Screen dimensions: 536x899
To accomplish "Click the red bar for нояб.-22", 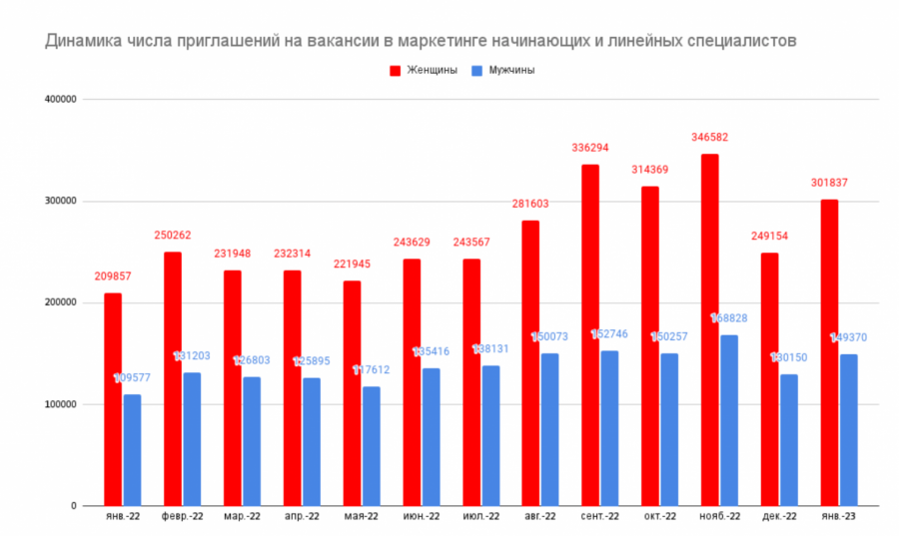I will [709, 329].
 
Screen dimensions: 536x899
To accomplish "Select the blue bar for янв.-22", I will [132, 450].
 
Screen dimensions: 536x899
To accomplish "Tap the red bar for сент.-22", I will [590, 334].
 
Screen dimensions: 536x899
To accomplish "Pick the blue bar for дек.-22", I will [789, 439].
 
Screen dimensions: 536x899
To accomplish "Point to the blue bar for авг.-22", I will [550, 429].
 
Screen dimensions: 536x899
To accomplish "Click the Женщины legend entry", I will [424, 70].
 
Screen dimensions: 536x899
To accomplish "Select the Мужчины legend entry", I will [503, 70].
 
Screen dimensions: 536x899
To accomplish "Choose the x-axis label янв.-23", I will [838, 517].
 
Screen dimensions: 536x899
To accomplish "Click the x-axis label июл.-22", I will [480, 517].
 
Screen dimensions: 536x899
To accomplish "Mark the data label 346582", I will [709, 137].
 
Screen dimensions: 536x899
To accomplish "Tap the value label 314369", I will [650, 170].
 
